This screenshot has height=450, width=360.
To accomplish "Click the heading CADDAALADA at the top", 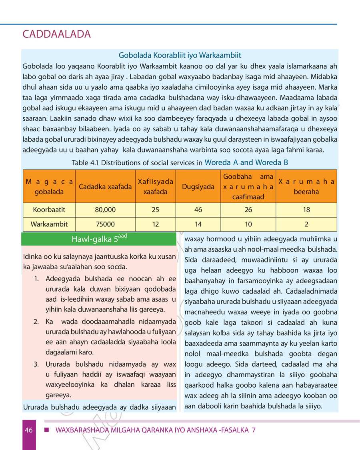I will click(57, 34).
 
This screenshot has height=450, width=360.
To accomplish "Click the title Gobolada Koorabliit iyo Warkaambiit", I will click(180, 55).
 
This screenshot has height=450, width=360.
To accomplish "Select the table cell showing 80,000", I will click(106, 210).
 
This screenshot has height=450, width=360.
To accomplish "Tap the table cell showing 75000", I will click(106, 224).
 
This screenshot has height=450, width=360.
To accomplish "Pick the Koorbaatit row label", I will click(49, 210).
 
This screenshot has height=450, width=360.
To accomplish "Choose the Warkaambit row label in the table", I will click(49, 224).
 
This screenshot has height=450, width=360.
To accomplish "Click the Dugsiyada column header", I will click(198, 186).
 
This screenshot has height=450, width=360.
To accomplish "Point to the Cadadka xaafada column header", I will click(106, 186).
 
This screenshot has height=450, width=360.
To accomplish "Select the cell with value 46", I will click(198, 210).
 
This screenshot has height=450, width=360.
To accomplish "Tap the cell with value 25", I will click(155, 210).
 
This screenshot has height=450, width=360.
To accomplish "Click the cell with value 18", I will click(306, 210).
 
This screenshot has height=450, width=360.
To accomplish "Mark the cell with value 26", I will click(248, 210).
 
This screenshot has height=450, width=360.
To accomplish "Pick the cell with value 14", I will click(198, 224).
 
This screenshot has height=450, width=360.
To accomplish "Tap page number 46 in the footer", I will click(28, 430).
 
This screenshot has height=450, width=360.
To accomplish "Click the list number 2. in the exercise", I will click(36, 322).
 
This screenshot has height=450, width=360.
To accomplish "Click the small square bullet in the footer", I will click(46, 430).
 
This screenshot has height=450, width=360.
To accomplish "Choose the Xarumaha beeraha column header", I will click(306, 186).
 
